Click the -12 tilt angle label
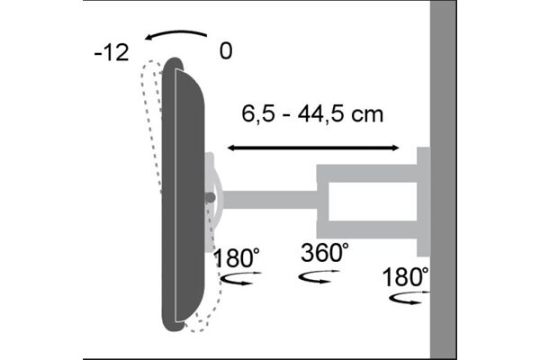pos(112,51)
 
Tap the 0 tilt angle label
pos(225,51)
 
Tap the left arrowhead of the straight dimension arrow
pos(232,147)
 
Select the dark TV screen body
pos(186,193)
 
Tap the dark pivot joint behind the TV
pos(211,196)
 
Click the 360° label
pos(324,254)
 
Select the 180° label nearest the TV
pos(237,259)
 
